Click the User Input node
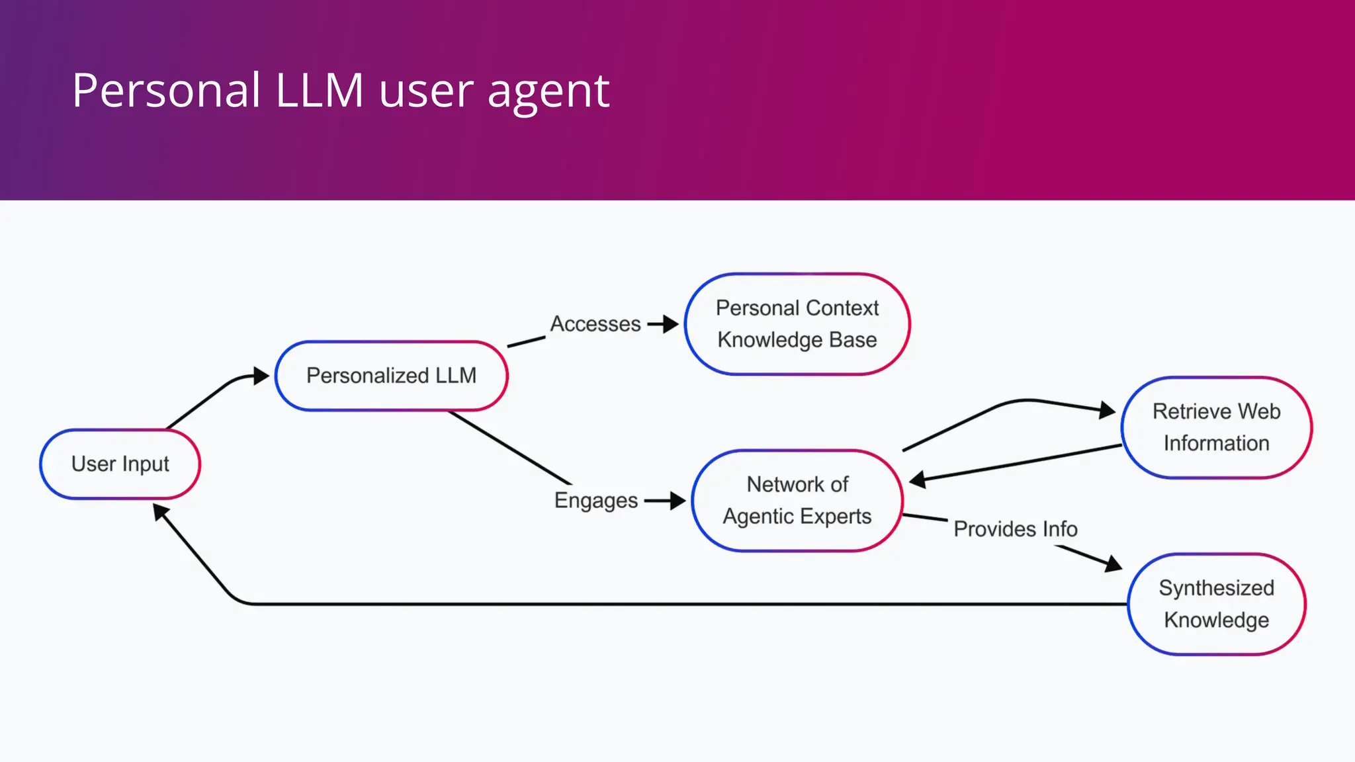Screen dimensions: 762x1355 tap(120, 464)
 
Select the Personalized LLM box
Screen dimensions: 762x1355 tap(391, 376)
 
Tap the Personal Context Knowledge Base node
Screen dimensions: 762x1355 tap(797, 324)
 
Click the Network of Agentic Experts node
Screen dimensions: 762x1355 tap(797, 501)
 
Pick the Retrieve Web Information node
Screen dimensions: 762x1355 tap(1216, 427)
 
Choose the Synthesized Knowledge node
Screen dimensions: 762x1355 tap(1216, 604)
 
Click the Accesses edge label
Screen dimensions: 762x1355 tap(595, 324)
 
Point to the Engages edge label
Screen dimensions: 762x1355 tap(595, 501)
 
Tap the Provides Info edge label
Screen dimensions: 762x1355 tap(1015, 529)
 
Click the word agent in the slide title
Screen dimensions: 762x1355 tap(548, 91)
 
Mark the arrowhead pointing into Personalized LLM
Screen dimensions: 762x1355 tap(261, 376)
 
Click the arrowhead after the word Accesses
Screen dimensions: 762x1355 tap(671, 324)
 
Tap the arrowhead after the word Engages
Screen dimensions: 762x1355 tap(677, 501)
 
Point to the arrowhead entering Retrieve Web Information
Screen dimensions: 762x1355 tap(1107, 410)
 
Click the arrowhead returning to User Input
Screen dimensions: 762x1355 tap(160, 512)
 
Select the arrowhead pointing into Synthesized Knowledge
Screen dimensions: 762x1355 tap(1114, 564)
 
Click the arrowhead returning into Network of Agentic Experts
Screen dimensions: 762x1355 tap(918, 480)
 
